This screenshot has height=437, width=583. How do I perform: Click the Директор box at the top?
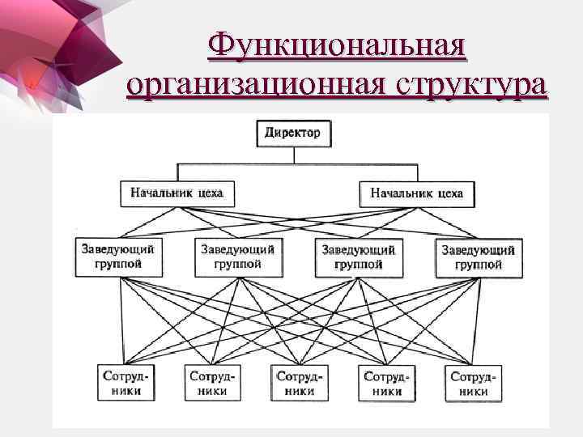click(x=292, y=133)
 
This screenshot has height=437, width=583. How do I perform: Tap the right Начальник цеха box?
click(x=416, y=193)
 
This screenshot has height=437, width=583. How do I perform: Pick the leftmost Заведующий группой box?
click(x=117, y=256)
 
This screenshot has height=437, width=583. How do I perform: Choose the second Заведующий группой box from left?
click(x=237, y=256)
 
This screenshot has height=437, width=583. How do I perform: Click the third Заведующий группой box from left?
click(x=358, y=256)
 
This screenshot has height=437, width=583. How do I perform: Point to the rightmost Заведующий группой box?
click(x=478, y=256)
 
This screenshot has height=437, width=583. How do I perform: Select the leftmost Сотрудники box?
click(x=123, y=383)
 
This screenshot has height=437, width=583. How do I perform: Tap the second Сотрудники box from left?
click(x=211, y=383)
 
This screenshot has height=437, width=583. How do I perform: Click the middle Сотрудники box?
click(x=299, y=383)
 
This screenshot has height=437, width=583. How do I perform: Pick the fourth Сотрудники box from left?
click(x=386, y=383)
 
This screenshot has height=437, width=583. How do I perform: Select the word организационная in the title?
click(x=253, y=84)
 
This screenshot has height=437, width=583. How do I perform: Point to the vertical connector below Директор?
click(x=292, y=155)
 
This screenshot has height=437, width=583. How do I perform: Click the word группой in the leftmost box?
click(x=117, y=264)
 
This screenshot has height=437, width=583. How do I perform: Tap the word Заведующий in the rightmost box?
click(x=478, y=249)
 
